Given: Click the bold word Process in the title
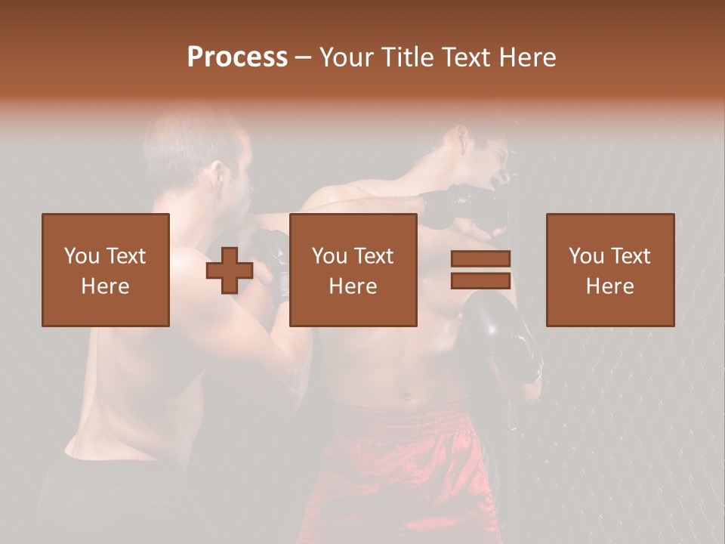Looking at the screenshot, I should pos(237,57).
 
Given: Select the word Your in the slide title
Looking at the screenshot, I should pos(347,57).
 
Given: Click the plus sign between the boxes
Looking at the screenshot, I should pos(230,270).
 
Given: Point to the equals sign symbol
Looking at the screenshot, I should pos(480,270).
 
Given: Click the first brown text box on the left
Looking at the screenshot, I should pos(106,270).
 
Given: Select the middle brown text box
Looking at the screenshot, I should pos(353,270).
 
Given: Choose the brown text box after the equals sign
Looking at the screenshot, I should pos(609,270).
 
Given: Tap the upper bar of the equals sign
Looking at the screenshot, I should pos(480,259).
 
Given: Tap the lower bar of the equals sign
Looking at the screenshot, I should pos(480,280).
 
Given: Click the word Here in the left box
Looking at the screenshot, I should pos(106,286).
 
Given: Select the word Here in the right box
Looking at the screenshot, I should pos(609,286).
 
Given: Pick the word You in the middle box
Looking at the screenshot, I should pos(329,256).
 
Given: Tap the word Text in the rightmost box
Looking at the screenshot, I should pos(631,256).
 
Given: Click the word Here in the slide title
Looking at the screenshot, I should pos(527,57).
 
